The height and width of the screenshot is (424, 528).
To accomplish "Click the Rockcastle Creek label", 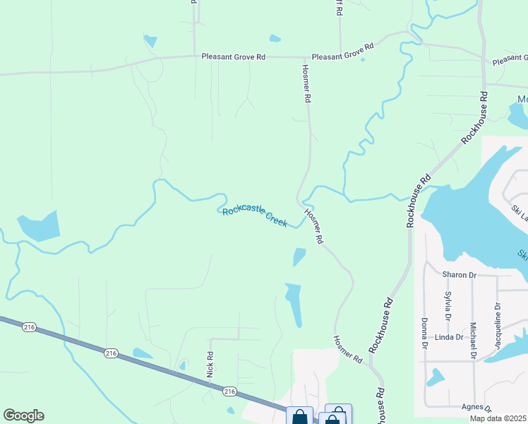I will [255, 216].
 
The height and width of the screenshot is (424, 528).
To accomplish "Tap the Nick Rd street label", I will [210, 363].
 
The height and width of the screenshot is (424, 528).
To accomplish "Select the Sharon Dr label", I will [460, 274].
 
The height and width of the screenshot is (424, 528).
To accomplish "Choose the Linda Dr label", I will [449, 337].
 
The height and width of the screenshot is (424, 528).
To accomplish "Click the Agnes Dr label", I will [476, 407].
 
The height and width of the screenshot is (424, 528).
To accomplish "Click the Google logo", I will [23, 416].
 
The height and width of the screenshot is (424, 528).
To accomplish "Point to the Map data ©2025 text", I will [498, 418].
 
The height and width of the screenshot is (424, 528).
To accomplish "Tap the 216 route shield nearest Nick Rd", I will [229, 391].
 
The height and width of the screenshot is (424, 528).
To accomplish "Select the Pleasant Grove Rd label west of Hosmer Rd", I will [233, 57].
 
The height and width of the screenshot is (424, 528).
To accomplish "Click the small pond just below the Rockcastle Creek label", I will [299, 257].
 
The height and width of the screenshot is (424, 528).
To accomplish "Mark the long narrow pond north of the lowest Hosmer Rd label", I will [294, 304].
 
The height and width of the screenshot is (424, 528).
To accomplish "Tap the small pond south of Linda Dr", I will [436, 377].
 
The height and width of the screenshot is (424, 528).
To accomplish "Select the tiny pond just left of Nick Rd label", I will [183, 365].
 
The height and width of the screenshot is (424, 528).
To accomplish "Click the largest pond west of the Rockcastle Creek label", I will [39, 226].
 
